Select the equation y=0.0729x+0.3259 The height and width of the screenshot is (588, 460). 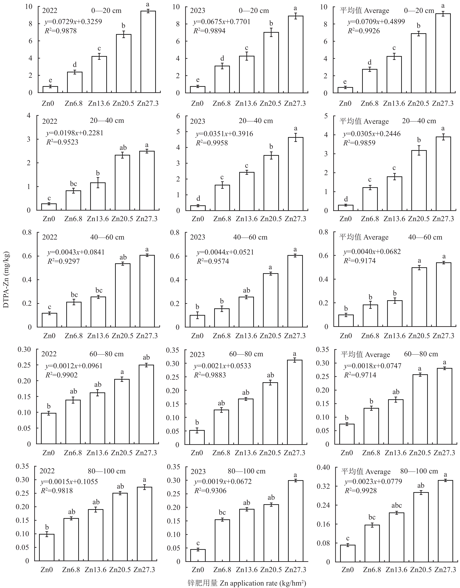pyautogui.click(x=73, y=22)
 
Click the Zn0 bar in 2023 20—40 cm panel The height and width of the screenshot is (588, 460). pyautogui.click(x=198, y=208)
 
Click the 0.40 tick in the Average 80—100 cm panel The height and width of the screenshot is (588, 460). pyautogui.click(x=324, y=467)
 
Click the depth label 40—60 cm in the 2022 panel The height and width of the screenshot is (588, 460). pyautogui.click(x=107, y=237)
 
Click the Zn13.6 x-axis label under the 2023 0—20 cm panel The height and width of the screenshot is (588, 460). pyautogui.click(x=246, y=103)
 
